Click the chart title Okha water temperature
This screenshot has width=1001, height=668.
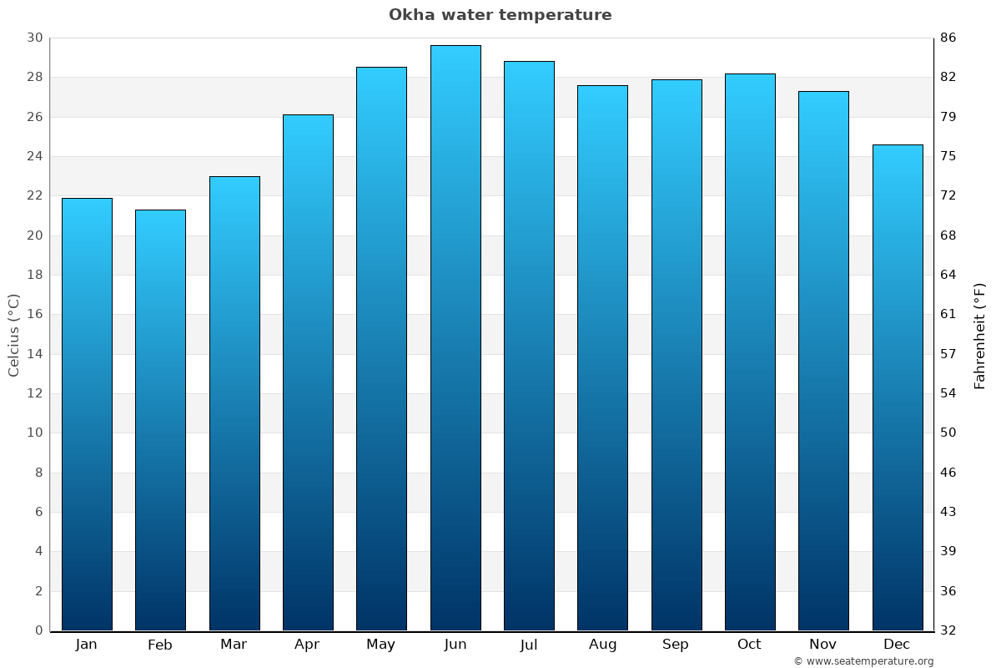pos(500,15)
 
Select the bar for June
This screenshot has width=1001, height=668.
pos(455,338)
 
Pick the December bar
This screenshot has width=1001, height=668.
pos(898,387)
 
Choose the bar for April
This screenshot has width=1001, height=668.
pos(308,372)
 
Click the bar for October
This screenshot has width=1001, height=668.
pos(750,352)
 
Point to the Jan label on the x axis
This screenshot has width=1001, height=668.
pos(87,644)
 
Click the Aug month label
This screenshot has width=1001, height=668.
pos(602,644)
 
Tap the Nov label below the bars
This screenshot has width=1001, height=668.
pos(823,644)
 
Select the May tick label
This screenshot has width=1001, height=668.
pos(381,644)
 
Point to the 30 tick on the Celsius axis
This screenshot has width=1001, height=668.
pos(34,38)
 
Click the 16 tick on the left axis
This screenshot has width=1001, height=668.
pos(34,315)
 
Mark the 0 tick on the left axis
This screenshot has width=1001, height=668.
pos(38,630)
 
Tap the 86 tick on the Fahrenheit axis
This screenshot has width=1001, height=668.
pos(948,38)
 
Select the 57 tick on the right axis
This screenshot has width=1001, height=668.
pos(948,354)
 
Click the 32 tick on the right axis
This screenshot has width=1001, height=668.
pos(948,630)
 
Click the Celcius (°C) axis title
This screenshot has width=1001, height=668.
pos(13,334)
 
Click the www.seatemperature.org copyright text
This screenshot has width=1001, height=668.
pos(863,661)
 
